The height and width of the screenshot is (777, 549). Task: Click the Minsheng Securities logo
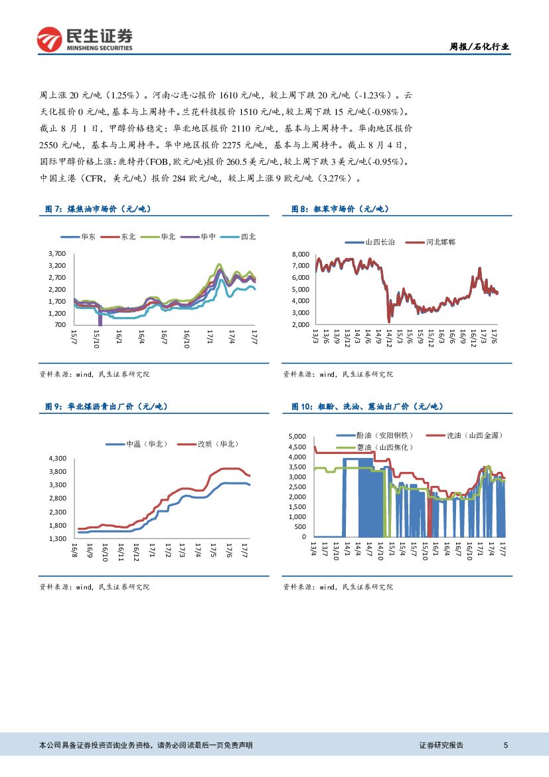(x=84, y=39)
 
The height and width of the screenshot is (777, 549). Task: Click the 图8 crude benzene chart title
(x=340, y=209)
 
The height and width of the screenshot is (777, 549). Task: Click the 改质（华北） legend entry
(x=218, y=444)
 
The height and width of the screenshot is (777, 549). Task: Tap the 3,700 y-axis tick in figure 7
(x=57, y=254)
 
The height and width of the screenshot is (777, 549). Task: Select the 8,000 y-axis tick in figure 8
(x=301, y=255)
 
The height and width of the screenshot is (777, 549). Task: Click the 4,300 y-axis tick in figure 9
(x=58, y=459)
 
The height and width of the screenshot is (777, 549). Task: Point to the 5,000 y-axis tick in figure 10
(x=297, y=437)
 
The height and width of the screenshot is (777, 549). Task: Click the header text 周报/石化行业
(x=480, y=47)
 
